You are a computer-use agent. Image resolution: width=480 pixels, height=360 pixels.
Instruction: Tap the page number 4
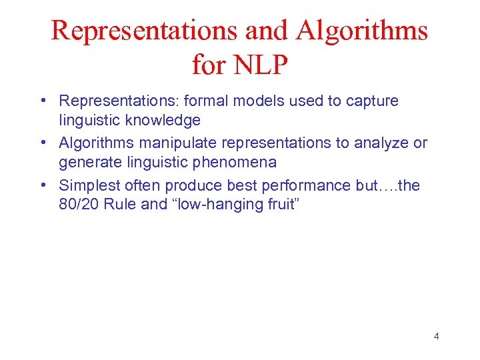coord(436,336)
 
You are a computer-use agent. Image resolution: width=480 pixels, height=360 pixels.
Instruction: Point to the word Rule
coord(125,204)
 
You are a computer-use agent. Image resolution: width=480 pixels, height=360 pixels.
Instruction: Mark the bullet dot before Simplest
coord(42,185)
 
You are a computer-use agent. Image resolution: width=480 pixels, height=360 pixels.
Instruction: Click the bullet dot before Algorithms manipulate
coord(42,143)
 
